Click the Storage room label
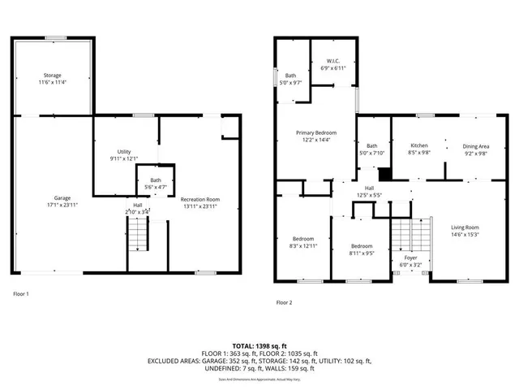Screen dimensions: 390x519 [52, 75]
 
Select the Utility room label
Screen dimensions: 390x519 [123, 152]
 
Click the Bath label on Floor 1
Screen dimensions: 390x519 [155, 180]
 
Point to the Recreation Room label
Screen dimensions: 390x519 [199, 199]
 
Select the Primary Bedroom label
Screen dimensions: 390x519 [315, 132]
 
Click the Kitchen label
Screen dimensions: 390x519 [419, 146]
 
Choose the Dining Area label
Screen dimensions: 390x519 [476, 146]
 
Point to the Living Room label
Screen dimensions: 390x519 [465, 227]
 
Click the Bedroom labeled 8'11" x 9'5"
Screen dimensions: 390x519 [362, 246]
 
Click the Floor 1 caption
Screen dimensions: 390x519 [22, 293]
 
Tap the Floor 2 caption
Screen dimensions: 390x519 [284, 302]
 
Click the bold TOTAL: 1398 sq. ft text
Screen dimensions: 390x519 [259, 345]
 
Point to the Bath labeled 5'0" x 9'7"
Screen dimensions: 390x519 [290, 76]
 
